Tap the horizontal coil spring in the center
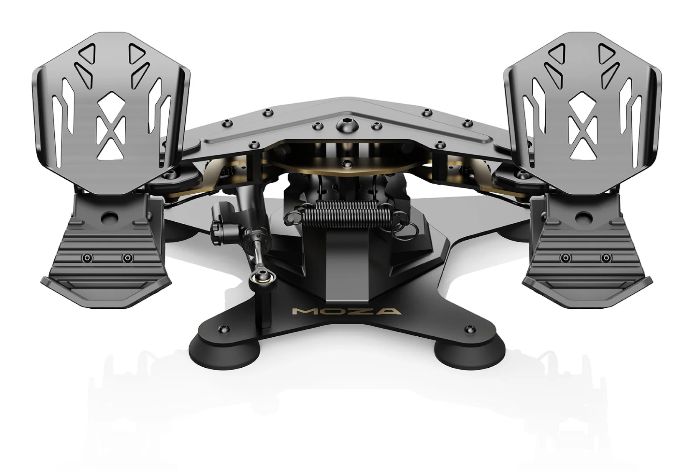coord(346,215)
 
